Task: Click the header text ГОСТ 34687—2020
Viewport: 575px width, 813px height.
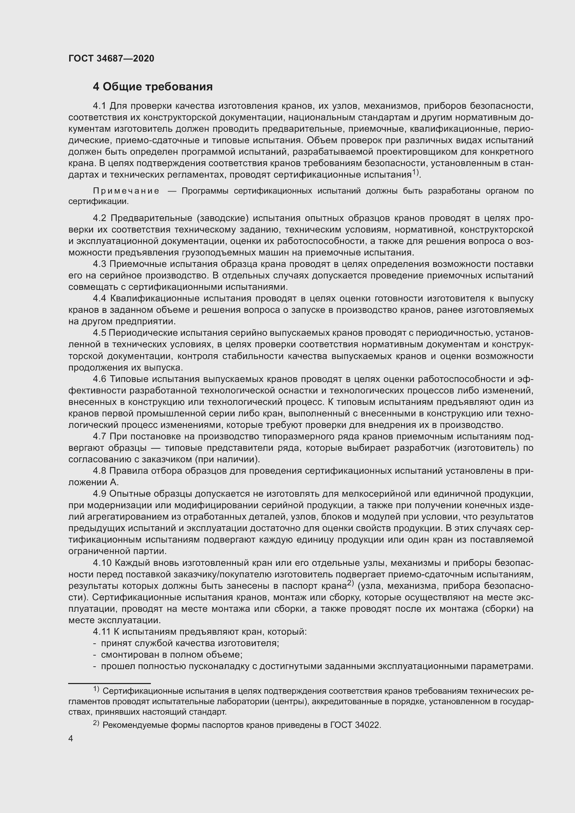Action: pos(111,58)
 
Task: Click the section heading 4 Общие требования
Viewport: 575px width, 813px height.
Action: pos(153,87)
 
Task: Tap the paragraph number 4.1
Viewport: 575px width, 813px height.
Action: pos(99,106)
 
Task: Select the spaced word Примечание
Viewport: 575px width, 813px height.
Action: pos(126,191)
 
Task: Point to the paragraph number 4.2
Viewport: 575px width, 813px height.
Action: pos(99,219)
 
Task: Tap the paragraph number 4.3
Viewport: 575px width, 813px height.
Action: pos(99,265)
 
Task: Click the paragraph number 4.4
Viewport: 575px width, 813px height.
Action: pos(99,299)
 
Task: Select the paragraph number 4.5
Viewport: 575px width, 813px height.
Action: pos(99,333)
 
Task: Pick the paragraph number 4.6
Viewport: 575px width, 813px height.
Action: pos(99,379)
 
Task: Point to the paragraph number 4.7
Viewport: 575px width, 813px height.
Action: pos(99,437)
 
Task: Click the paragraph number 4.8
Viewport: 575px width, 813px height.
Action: pos(99,471)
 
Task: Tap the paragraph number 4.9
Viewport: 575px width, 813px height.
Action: pos(99,494)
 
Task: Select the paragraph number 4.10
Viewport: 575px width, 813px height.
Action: pos(102,563)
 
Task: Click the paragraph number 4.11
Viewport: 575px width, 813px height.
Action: pos(101,632)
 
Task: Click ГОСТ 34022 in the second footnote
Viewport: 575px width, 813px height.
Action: pos(355,725)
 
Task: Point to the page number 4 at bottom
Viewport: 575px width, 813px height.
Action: pos(71,739)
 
